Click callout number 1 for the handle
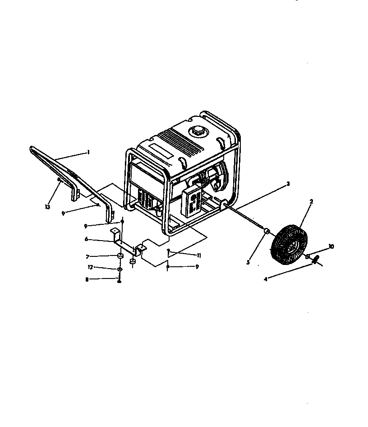coord(89,153)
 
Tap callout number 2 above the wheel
coord(311,201)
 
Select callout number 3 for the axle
coord(288,184)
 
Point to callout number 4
coord(266,279)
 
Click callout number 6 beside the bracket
coord(86,239)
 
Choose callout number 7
coord(87,256)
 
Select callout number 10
coord(331,246)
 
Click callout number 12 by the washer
coord(90,267)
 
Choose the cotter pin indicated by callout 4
coord(316,260)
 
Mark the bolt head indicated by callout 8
coord(120,281)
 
